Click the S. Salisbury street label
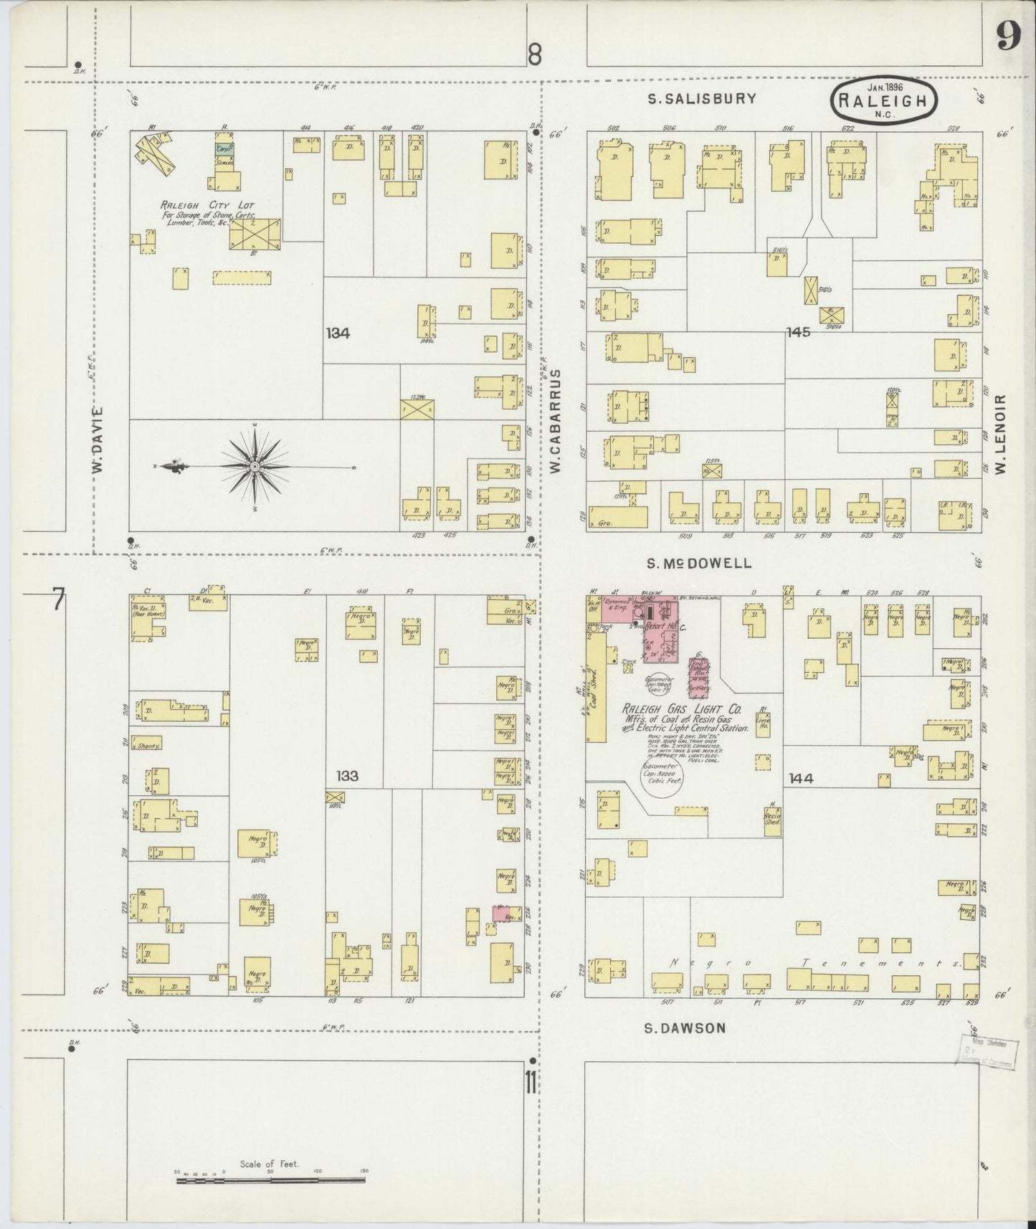702,99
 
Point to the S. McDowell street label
699,564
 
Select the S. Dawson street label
684,1028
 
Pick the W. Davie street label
98,439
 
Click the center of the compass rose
255,467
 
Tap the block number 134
337,333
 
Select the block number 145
798,332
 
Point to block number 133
347,776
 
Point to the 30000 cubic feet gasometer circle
662,779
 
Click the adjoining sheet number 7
57,599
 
